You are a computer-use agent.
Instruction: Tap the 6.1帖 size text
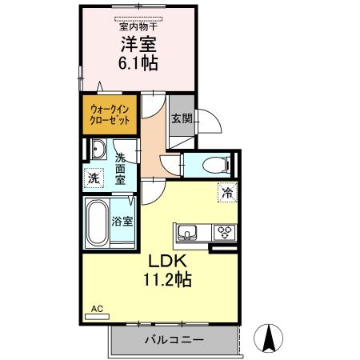point(139,65)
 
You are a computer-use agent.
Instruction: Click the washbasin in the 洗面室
point(98,150)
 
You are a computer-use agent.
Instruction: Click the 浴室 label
point(122,219)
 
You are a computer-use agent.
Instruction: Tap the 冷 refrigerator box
point(227,192)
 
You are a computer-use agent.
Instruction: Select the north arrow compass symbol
point(270,338)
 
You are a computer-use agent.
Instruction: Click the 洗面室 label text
point(120,169)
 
